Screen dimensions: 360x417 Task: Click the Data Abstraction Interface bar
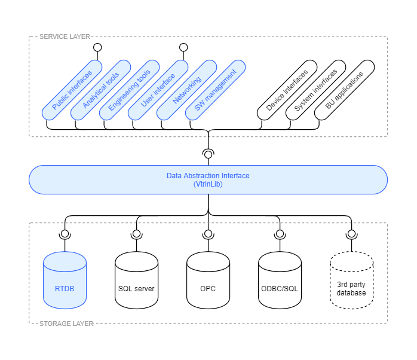(208, 179)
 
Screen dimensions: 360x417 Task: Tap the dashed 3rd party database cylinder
(351, 280)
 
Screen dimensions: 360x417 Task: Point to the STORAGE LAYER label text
(66, 324)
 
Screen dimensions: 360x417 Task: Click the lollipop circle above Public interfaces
(97, 47)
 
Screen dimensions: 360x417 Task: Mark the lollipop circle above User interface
(183, 47)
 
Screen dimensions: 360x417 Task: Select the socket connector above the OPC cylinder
(208, 234)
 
